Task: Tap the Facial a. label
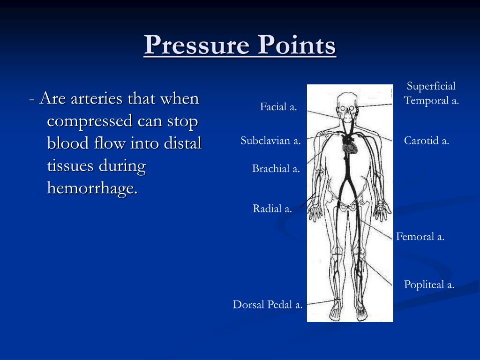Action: (278, 107)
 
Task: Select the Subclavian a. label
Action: (270, 141)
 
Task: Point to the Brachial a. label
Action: (276, 169)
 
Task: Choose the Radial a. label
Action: (272, 209)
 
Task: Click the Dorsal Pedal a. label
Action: (268, 305)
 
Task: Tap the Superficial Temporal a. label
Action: (431, 93)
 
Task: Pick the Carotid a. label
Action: (427, 141)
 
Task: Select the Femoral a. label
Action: (420, 237)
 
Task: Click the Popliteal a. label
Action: (429, 285)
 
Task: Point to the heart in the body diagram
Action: (349, 149)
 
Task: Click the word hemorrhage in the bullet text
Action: (92, 188)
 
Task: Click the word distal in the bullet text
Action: (182, 143)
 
